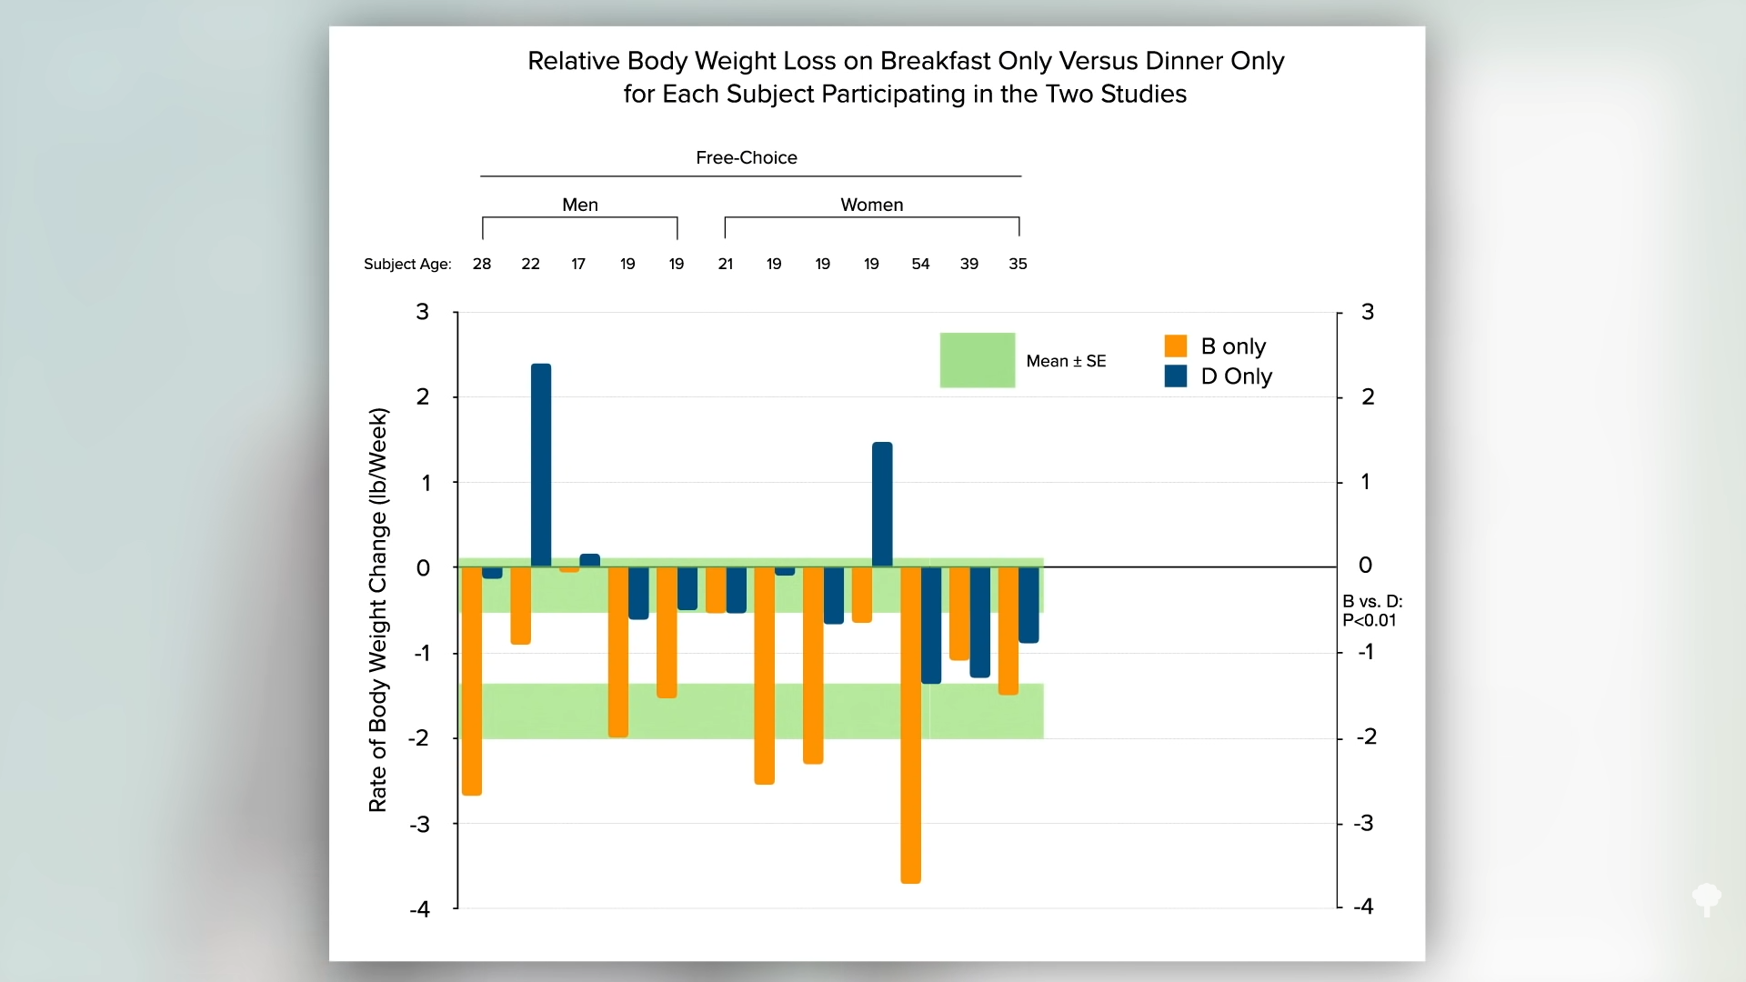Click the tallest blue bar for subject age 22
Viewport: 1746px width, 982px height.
541,465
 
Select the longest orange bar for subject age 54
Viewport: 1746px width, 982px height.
910,725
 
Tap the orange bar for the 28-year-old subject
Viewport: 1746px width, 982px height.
472,681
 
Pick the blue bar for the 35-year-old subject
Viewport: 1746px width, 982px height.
1029,605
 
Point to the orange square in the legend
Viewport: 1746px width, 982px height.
1176,346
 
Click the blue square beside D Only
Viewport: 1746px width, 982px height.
1176,376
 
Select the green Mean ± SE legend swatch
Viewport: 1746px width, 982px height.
978,360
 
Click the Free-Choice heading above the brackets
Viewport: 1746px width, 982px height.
747,157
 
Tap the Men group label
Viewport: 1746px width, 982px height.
580,205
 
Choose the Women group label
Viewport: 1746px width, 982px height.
872,205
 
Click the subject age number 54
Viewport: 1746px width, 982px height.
920,264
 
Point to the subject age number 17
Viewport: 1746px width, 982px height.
578,264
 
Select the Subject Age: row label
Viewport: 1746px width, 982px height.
407,265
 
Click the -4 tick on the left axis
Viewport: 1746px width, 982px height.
419,909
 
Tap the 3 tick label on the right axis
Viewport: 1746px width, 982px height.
1368,312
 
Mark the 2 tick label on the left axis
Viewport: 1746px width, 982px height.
423,396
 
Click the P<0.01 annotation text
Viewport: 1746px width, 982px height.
1370,620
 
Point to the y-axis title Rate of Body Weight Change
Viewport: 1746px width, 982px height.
377,609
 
